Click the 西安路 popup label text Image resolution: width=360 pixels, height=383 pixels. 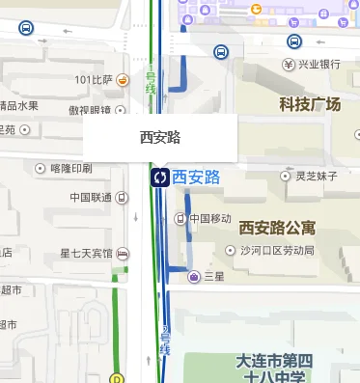coord(160,138)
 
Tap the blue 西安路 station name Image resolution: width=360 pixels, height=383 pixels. coord(197,177)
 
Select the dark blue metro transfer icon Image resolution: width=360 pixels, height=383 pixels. coord(159,178)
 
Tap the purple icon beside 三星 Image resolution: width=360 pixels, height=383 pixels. coord(193,277)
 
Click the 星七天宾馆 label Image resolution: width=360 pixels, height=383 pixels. coord(86,254)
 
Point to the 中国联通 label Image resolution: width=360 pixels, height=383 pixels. coord(92,198)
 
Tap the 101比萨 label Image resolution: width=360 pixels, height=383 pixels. coord(94,80)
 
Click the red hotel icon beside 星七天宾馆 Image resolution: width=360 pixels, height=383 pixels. coord(123,254)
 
